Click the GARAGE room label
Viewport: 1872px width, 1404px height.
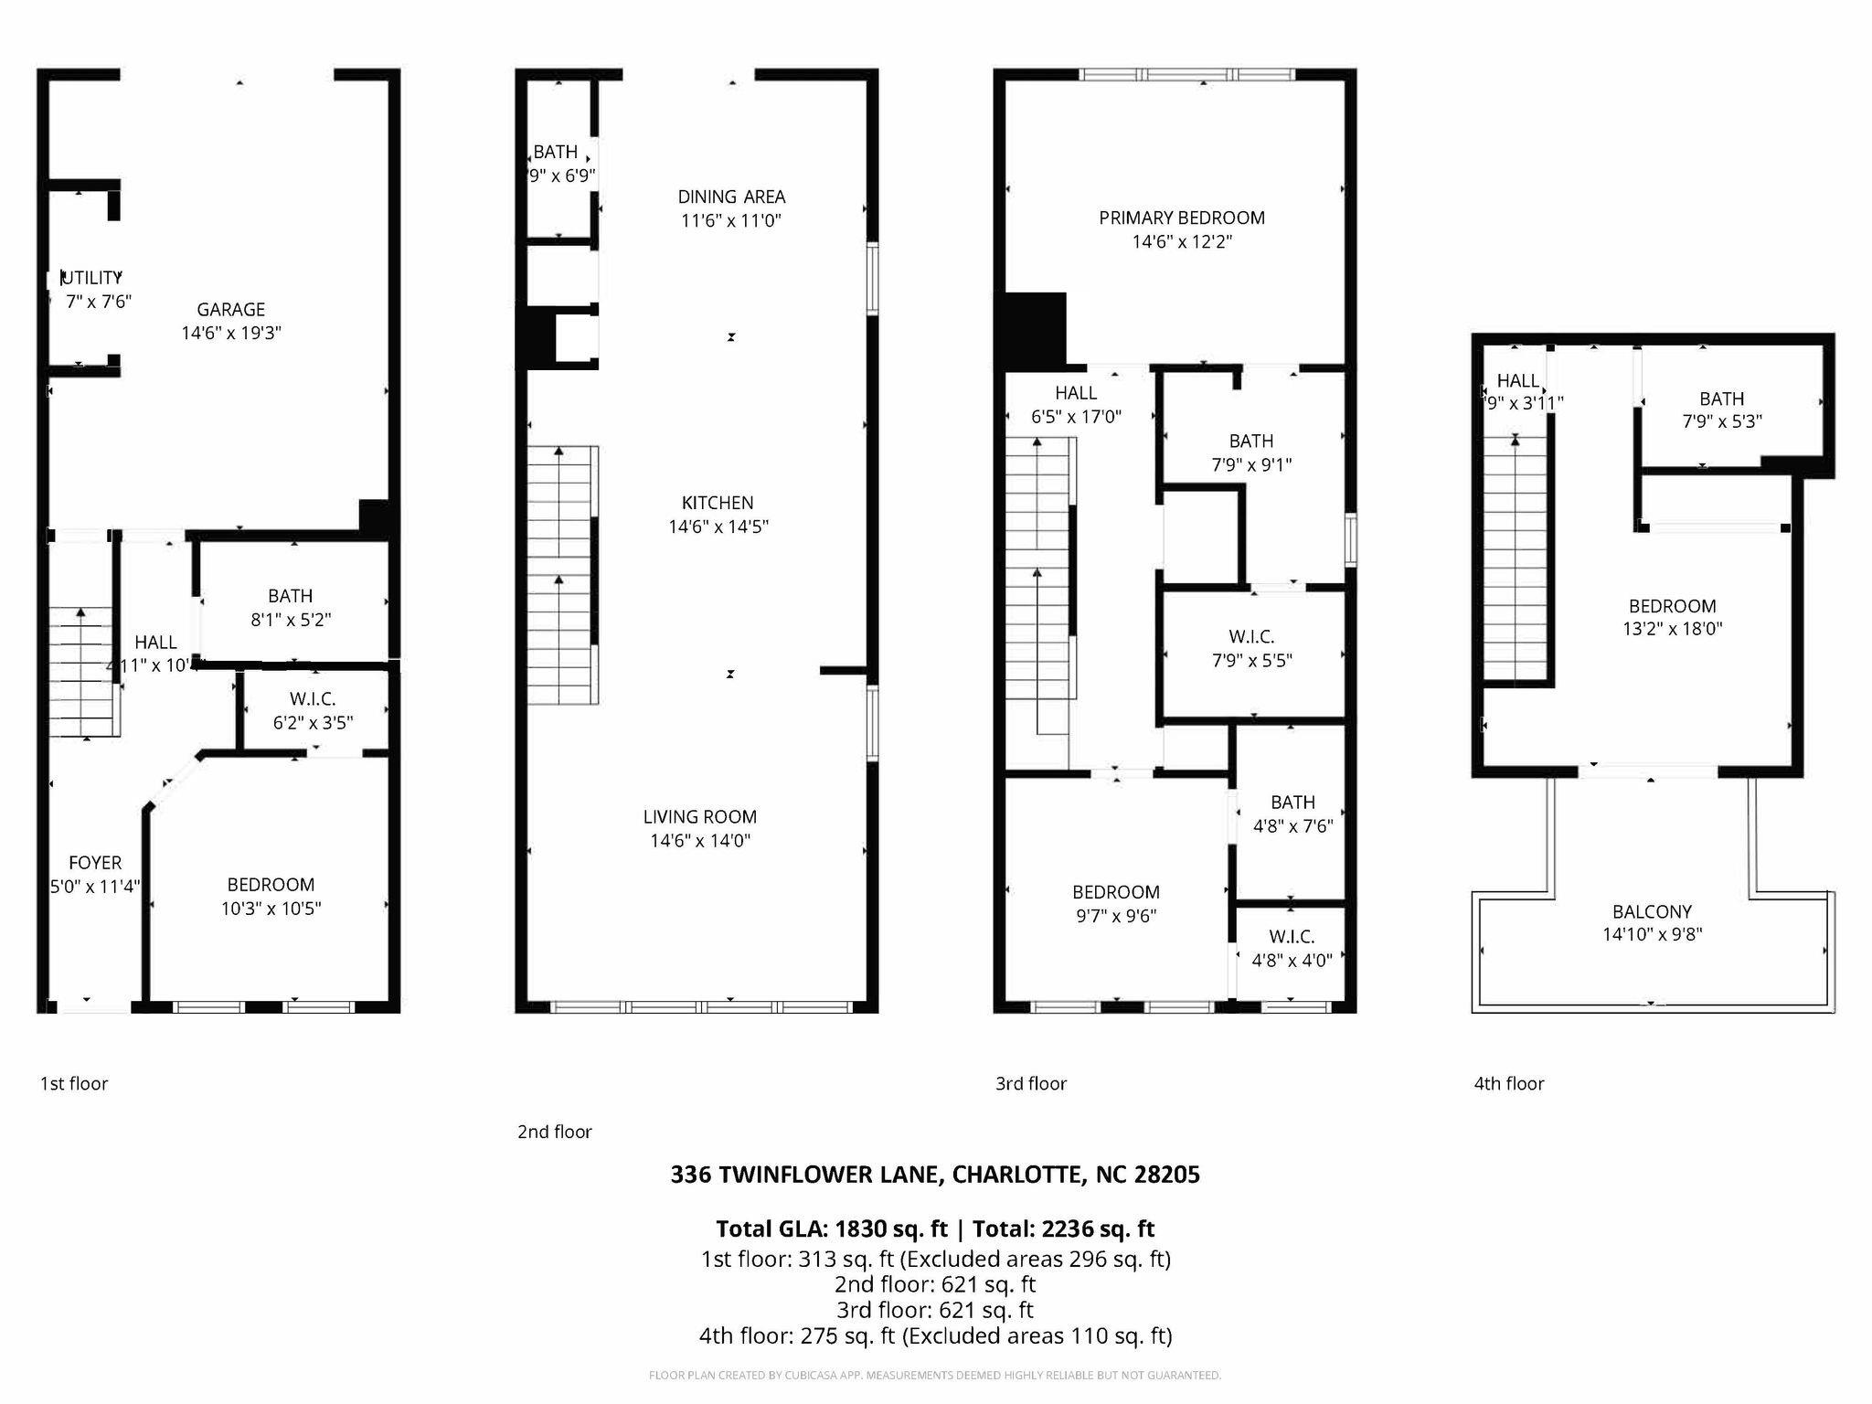230,310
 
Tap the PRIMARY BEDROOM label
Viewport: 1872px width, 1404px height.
1182,218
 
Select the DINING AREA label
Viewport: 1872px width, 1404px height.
731,197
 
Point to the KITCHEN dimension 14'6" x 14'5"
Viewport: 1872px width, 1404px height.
718,526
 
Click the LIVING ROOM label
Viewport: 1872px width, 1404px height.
699,817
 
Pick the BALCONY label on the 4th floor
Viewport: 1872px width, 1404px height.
1652,911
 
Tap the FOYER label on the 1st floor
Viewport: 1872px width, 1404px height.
95,863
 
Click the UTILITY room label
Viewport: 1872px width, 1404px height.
91,277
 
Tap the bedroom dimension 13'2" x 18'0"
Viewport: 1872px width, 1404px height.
1672,629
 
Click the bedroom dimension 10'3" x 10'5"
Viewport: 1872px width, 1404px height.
271,909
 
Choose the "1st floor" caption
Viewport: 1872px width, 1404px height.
74,1083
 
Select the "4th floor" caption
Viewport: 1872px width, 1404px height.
1508,1083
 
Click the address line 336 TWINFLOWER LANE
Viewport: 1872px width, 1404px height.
934,1175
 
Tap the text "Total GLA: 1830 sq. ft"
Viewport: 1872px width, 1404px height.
833,1228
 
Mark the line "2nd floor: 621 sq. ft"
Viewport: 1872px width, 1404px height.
934,1284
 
